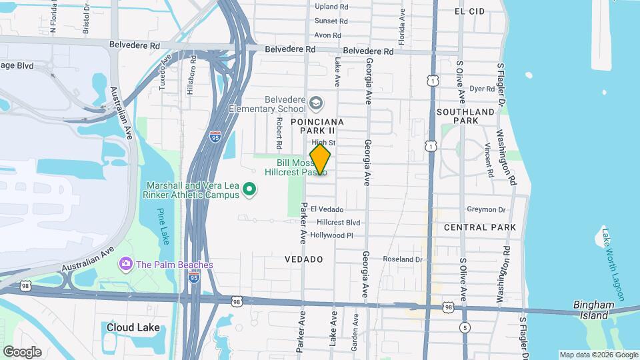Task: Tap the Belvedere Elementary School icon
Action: pos(315,103)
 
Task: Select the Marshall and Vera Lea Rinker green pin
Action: pos(249,190)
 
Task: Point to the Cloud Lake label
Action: pos(133,327)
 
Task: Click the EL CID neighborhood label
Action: pos(468,12)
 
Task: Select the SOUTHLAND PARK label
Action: pos(467,116)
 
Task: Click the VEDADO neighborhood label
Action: pos(304,259)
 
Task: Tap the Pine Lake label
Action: pos(164,226)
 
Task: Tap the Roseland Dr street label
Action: pos(402,259)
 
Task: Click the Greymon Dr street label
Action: pos(487,209)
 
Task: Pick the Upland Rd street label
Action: pos(332,7)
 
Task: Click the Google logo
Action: pos(21,351)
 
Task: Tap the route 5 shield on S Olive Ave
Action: pos(463,327)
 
